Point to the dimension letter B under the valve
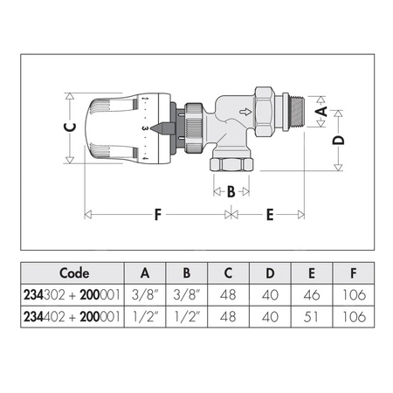click(x=231, y=191)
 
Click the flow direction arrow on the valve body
click(x=269, y=114)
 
